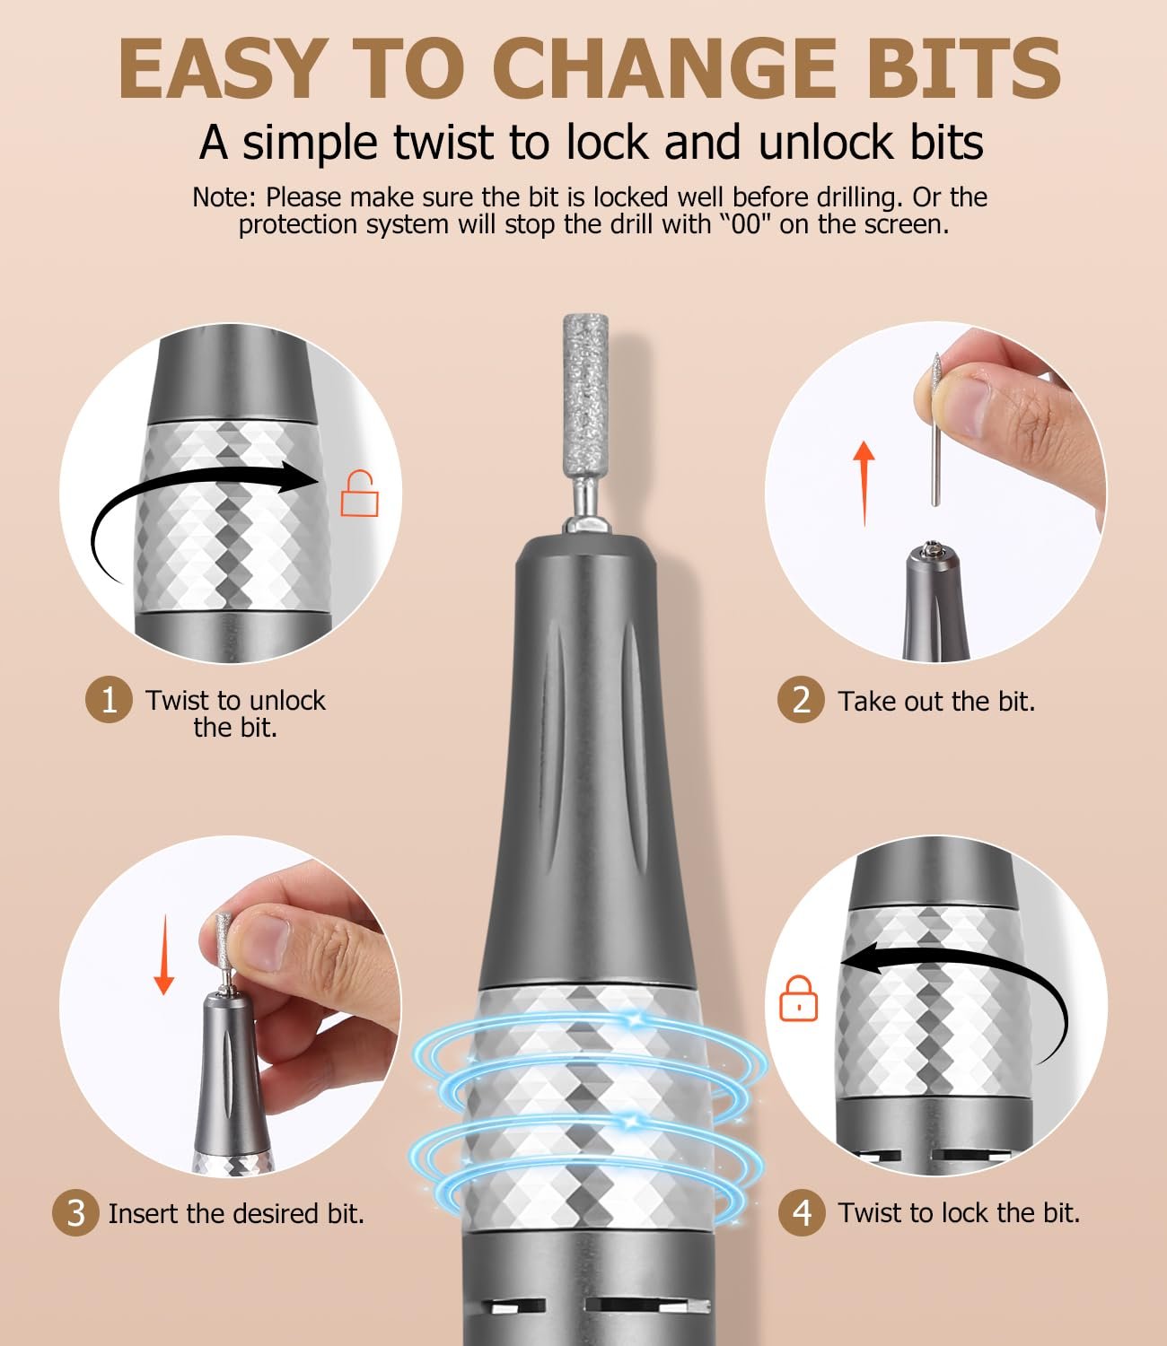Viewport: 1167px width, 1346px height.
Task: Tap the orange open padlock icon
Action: click(x=360, y=493)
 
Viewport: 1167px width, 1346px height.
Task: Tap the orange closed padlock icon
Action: click(x=798, y=998)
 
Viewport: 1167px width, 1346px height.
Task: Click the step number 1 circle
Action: click(x=109, y=700)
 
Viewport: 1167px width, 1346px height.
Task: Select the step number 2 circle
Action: click(x=801, y=700)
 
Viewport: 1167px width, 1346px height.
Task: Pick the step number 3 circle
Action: click(x=75, y=1213)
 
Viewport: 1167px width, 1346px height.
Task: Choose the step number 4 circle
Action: click(x=802, y=1212)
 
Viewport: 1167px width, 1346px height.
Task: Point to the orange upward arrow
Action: click(x=864, y=483)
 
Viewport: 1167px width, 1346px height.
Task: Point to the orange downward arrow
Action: click(x=163, y=955)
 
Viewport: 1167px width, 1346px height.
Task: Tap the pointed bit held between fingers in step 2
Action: click(x=935, y=430)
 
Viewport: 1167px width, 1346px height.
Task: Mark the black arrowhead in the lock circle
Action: click(x=860, y=960)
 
